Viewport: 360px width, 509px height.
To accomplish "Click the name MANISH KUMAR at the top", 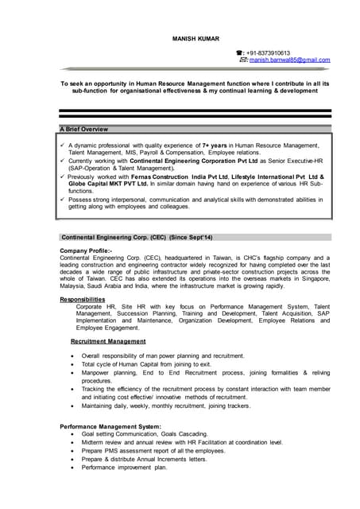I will coord(195,38).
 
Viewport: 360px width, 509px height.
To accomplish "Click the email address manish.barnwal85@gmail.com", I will coord(289,60).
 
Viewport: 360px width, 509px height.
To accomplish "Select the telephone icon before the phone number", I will coord(240,52).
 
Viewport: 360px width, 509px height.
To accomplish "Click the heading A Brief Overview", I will coord(85,129).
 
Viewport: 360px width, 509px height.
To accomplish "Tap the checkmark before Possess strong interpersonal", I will coord(62,199).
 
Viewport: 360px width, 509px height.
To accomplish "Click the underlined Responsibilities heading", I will coord(82,299).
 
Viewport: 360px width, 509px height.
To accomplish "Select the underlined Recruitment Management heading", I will coord(108,341).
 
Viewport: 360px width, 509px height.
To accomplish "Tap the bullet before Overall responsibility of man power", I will coord(73,356).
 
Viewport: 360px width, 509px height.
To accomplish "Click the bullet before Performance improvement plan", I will coord(73,468).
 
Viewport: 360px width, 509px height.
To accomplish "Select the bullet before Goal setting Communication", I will coord(73,435).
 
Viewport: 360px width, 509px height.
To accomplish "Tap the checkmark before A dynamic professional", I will coord(62,146).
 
